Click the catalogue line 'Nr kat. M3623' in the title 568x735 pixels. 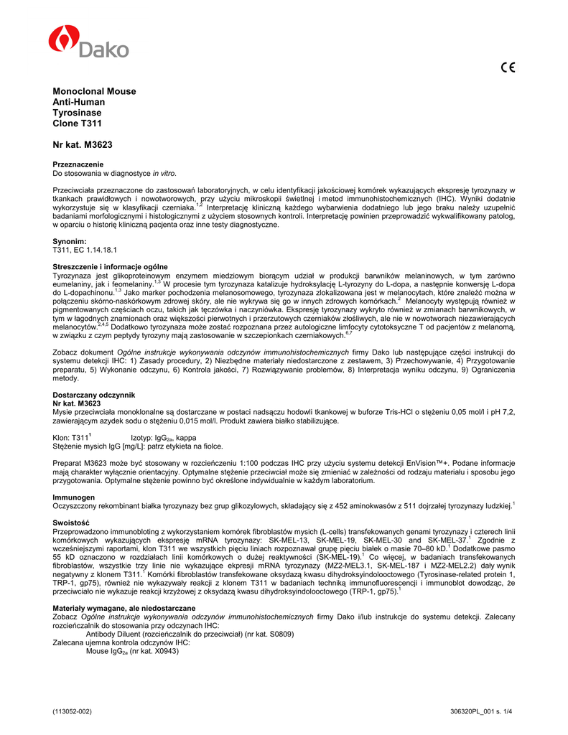point(83,145)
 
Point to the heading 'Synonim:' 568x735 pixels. point(70,240)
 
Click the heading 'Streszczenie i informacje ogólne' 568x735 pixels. point(111,267)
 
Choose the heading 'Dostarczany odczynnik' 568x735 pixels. point(94,395)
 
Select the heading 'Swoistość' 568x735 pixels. point(71,522)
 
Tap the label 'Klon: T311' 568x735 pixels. point(72,437)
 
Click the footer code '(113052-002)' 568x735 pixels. point(73,711)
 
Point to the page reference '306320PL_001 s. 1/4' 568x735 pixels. point(481,711)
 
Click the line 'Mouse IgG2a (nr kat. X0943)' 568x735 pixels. point(132,651)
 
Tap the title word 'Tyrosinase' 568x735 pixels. point(77,113)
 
